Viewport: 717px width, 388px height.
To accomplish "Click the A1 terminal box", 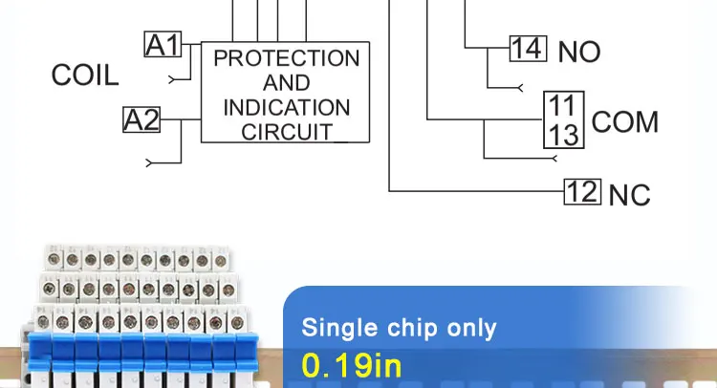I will click(162, 44).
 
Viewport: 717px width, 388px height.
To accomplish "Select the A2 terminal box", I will click(141, 120).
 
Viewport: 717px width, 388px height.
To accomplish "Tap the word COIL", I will click(85, 76).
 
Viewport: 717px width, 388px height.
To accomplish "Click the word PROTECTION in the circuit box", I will click(287, 58).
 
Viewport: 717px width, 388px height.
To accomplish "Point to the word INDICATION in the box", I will click(287, 107).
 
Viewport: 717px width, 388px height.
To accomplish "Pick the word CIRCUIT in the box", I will click(287, 131).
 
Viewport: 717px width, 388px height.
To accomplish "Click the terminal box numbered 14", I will click(527, 48).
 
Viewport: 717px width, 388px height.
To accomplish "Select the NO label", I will click(578, 52).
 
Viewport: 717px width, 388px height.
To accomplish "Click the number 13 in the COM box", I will click(563, 135).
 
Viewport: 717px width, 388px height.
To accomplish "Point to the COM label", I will click(625, 122).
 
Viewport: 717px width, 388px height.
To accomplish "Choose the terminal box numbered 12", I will click(581, 191).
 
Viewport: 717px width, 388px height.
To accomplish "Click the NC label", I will click(629, 195).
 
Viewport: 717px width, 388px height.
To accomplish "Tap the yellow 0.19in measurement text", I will click(351, 365).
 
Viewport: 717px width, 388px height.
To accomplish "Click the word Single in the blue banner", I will click(339, 329).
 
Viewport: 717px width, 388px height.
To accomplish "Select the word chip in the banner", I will click(413, 329).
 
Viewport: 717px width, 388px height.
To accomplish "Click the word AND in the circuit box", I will click(287, 83).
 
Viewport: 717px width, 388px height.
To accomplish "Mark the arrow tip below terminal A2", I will click(148, 163).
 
